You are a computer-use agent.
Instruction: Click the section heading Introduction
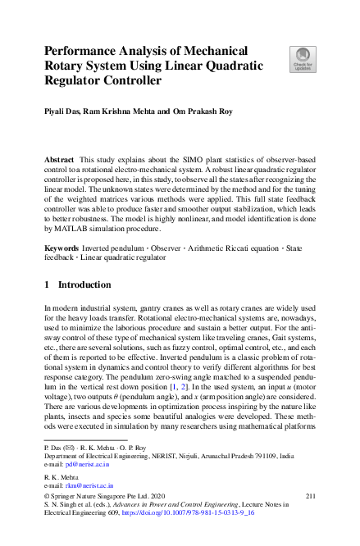(85, 285)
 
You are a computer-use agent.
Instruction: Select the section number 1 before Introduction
(47, 285)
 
